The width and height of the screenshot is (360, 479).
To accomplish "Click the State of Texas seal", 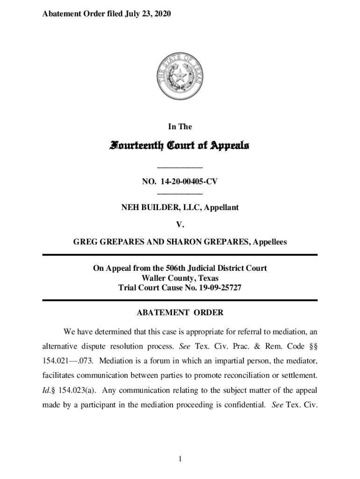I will pos(180,75).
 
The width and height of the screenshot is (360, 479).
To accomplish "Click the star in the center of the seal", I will pos(180,75).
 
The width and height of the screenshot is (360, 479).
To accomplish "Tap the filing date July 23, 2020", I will pos(147,15).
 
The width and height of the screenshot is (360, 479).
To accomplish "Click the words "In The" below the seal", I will pos(180,127).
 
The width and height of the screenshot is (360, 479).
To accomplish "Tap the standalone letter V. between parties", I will pos(180,225).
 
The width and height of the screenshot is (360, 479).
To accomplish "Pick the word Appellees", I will pos(270,242).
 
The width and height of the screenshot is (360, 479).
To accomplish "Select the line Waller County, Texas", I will pos(180,278).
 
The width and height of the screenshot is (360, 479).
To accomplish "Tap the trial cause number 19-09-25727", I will pos(219,288).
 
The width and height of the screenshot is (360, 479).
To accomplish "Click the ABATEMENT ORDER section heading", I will pos(180,312).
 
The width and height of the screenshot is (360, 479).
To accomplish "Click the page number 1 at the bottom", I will pos(180,459).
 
